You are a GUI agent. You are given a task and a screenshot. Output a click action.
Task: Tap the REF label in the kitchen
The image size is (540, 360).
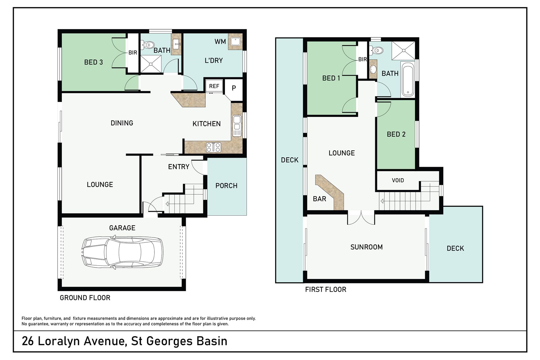214,86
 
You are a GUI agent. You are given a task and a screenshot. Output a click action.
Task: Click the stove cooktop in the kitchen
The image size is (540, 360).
214,147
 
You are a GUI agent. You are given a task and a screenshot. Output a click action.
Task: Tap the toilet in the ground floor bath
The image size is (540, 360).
147,45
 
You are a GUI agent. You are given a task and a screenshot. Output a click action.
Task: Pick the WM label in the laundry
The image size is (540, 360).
220,42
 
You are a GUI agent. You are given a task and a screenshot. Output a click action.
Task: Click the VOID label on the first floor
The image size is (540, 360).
398,180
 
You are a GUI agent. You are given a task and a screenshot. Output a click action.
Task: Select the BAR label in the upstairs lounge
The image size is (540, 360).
319,199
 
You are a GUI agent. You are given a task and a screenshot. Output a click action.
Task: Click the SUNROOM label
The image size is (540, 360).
366,247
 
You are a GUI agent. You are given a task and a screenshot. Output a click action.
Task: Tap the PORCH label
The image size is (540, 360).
226,186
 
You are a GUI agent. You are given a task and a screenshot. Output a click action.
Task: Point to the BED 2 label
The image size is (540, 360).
396,134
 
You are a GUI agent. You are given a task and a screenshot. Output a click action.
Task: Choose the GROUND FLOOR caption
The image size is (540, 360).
85,298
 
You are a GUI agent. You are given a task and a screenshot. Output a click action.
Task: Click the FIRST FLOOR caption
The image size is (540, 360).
326,289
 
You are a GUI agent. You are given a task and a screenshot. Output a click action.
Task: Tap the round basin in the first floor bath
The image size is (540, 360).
373,69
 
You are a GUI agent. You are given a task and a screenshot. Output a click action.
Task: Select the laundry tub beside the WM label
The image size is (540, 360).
235,42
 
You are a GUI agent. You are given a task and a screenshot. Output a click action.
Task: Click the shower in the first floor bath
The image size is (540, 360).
403,50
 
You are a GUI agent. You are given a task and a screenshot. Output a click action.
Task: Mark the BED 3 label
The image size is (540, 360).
93,62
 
